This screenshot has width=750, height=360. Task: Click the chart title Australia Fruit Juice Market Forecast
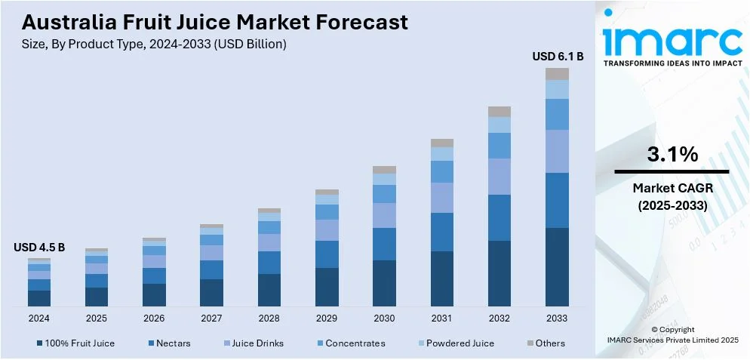[x=214, y=22]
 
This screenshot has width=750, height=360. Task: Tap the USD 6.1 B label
[x=558, y=56]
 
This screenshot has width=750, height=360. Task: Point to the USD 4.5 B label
[x=39, y=247]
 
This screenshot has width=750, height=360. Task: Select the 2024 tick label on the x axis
[x=39, y=318]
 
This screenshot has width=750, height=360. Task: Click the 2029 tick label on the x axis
[x=327, y=318]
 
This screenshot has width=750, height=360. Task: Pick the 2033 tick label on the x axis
[x=557, y=318]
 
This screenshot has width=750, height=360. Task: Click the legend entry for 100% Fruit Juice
[x=79, y=343]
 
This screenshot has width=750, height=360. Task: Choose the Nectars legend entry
[x=174, y=343]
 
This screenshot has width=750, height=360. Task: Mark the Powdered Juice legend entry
[x=460, y=343]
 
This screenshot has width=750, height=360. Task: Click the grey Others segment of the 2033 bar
[x=557, y=74]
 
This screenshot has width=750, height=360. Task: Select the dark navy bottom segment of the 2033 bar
[x=557, y=266]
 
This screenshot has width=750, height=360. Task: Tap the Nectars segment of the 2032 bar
[x=499, y=217]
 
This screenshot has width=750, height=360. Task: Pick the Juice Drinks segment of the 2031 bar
[x=442, y=198]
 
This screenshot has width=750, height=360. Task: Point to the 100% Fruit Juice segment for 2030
[x=384, y=283]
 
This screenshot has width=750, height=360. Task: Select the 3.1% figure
[x=672, y=155]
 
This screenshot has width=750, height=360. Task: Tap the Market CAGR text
[x=672, y=187]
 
